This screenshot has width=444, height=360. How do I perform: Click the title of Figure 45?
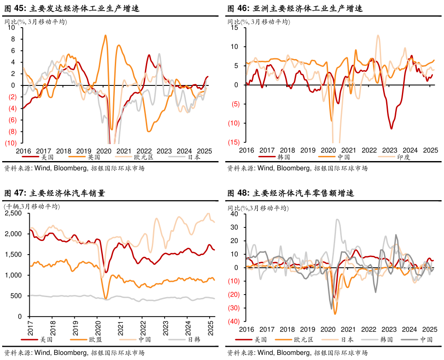[72, 8]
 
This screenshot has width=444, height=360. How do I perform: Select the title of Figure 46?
[295, 8]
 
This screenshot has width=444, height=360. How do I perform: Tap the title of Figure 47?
[54, 193]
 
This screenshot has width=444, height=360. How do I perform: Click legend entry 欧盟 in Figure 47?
[95, 340]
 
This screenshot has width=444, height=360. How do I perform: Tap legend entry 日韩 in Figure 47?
[194, 340]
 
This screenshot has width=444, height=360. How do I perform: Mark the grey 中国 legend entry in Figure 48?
[426, 340]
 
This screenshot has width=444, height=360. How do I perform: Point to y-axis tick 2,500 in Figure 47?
[16, 213]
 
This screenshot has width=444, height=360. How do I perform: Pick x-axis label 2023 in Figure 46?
[390, 150]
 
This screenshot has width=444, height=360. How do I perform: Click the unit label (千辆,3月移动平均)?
[32, 207]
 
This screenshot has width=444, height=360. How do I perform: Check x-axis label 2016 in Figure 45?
[23, 151]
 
